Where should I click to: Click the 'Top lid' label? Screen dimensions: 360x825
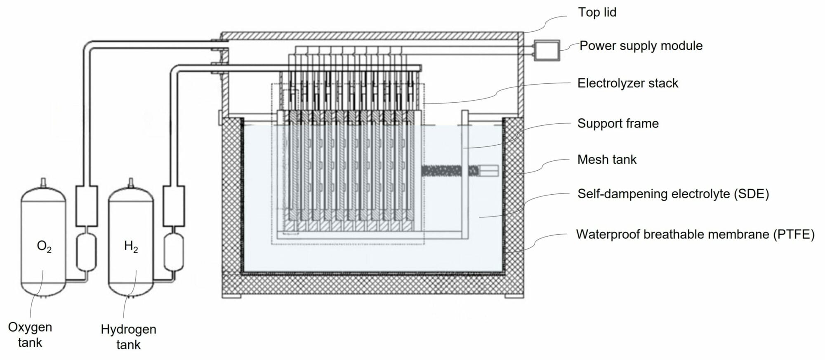click(597, 12)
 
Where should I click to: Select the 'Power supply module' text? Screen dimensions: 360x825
click(641, 46)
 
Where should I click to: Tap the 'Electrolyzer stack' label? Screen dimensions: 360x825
click(627, 83)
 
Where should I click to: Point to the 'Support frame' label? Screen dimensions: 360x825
click(618, 123)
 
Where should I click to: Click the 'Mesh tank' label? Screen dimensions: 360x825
click(607, 160)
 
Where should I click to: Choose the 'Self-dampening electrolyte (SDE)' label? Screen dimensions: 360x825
click(673, 194)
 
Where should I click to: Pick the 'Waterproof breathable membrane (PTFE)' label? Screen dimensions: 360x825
click(695, 234)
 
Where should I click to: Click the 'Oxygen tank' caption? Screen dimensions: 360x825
click(30, 334)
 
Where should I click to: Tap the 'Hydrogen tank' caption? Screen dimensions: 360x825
click(128, 336)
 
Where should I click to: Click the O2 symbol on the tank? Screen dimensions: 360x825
click(44, 247)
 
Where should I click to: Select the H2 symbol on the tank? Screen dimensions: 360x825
click(131, 247)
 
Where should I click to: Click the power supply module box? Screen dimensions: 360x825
click(547, 50)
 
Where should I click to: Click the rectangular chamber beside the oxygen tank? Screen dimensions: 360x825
click(87, 206)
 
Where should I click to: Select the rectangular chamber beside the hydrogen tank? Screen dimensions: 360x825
click(174, 206)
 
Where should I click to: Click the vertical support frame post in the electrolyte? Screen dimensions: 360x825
click(465, 173)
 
